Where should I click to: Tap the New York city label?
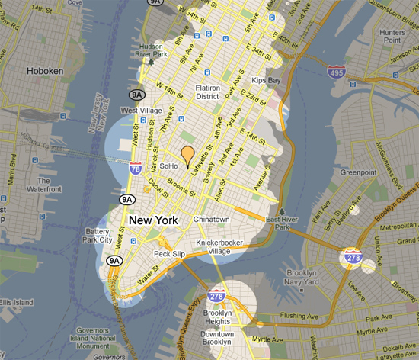pyautogui.click(x=154, y=220)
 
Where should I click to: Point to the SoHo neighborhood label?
pyautogui.click(x=169, y=166)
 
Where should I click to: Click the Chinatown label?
pyautogui.click(x=212, y=220)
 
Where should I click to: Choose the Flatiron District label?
pyautogui.click(x=207, y=92)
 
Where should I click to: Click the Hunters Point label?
pyautogui.click(x=395, y=37)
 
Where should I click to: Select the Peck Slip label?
pyautogui.click(x=170, y=253)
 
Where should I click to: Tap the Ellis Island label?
pyautogui.click(x=16, y=303)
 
